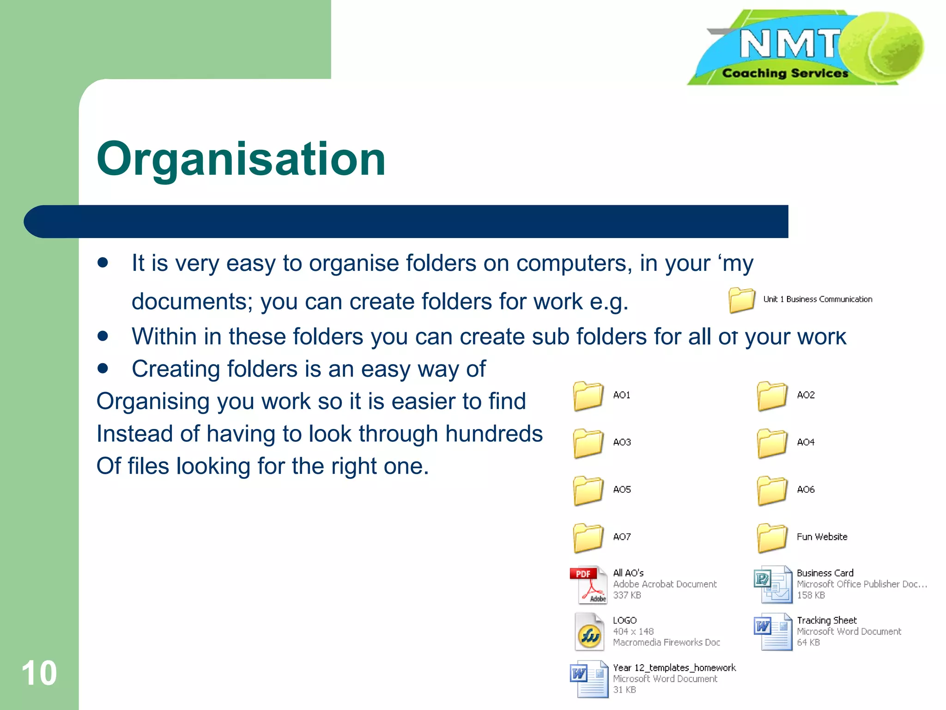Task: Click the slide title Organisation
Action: pyautogui.click(x=241, y=159)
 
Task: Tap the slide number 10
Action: pyautogui.click(x=39, y=673)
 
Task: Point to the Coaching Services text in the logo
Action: pyautogui.click(x=785, y=73)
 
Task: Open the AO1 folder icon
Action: pyautogui.click(x=588, y=396)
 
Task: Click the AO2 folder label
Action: pyautogui.click(x=806, y=395)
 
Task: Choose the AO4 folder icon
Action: pyautogui.click(x=772, y=443)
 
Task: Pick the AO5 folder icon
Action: pyautogui.click(x=588, y=490)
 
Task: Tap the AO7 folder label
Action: pyautogui.click(x=622, y=537)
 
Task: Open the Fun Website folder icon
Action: pyautogui.click(x=772, y=538)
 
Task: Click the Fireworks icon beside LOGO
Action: pyautogui.click(x=589, y=632)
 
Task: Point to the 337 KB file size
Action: pyautogui.click(x=627, y=595)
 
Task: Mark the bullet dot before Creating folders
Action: pyautogui.click(x=103, y=368)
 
